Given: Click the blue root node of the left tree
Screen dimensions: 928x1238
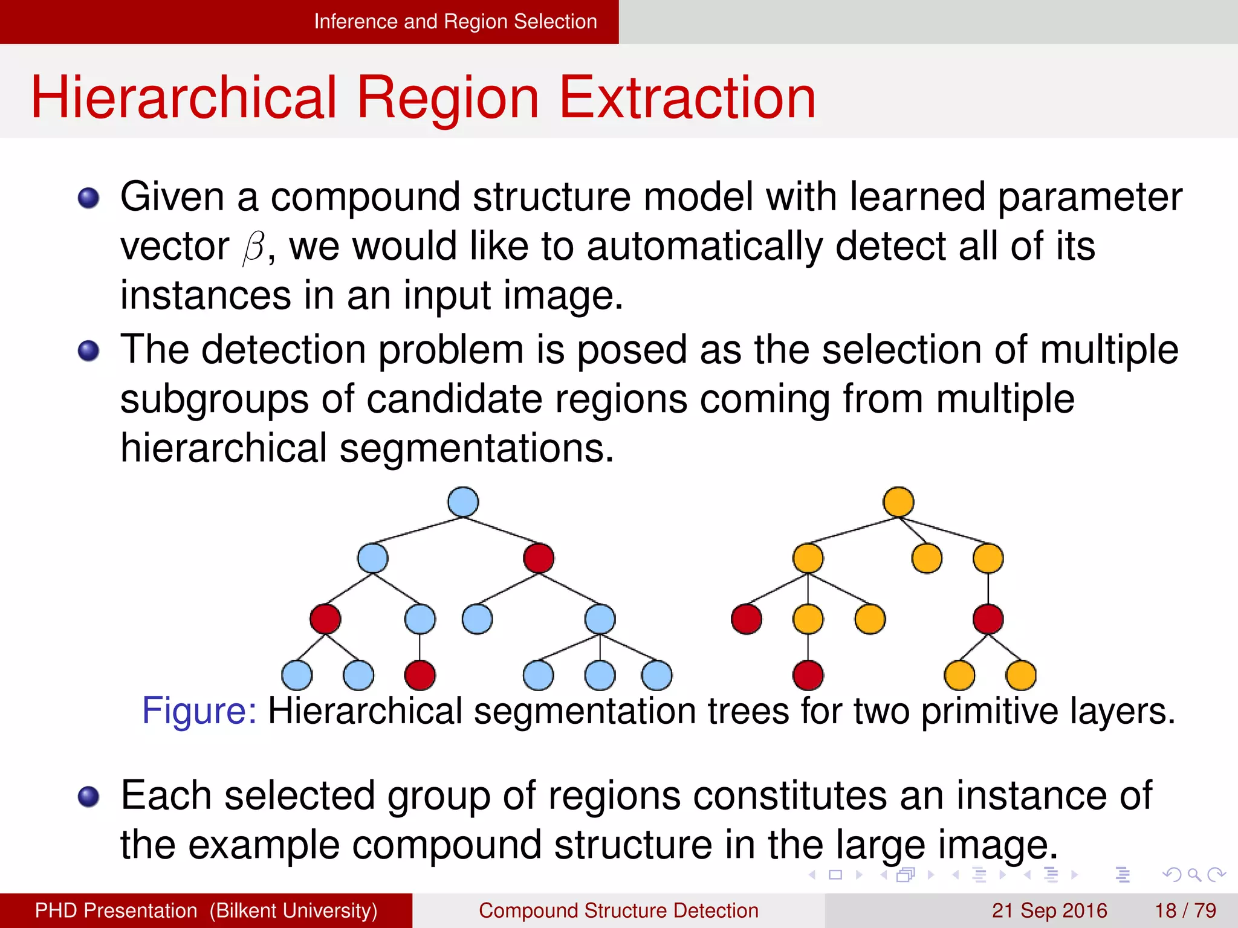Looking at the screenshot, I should point(463,502).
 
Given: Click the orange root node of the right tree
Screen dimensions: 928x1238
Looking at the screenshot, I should point(898,502).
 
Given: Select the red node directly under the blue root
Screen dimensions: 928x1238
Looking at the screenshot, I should point(539,558).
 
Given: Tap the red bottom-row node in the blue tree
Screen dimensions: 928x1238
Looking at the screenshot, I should point(420,675).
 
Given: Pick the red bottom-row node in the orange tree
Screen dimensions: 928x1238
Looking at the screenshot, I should point(808,675).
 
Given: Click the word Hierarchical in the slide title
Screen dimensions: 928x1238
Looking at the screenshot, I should point(183,98).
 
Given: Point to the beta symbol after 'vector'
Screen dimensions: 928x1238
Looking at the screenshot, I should point(254,248).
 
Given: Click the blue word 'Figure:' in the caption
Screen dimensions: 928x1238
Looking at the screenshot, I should point(199,710).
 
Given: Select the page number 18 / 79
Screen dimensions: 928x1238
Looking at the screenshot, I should point(1185,910).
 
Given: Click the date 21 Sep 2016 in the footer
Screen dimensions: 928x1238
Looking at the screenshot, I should point(1049,910).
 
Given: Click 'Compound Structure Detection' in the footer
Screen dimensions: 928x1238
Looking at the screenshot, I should point(618,910).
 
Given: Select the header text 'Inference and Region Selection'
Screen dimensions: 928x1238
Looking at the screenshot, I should point(455,22).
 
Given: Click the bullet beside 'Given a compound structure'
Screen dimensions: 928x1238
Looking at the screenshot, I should point(89,198).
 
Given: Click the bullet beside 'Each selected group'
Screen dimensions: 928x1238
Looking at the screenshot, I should point(89,796).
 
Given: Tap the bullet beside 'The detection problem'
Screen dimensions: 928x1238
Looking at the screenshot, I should point(89,350).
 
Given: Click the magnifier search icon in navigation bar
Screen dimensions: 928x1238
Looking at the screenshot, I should point(1194,874).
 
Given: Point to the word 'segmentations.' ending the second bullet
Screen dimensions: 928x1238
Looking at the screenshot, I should point(476,449).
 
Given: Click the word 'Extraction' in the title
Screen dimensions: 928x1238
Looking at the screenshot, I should point(687,98).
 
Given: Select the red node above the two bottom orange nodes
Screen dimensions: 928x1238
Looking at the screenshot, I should point(988,619).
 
